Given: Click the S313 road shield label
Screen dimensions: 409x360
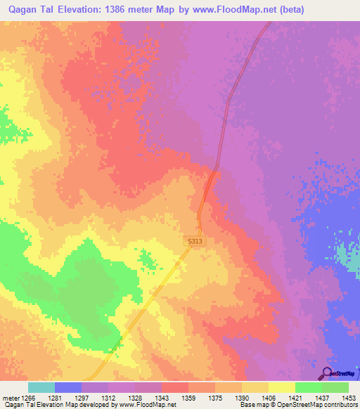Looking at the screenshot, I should (x=195, y=241).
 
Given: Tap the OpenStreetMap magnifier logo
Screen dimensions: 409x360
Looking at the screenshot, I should (x=326, y=373).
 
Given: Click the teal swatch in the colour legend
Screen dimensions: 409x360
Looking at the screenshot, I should (x=41, y=387).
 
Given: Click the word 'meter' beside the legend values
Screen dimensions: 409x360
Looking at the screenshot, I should (x=10, y=398).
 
